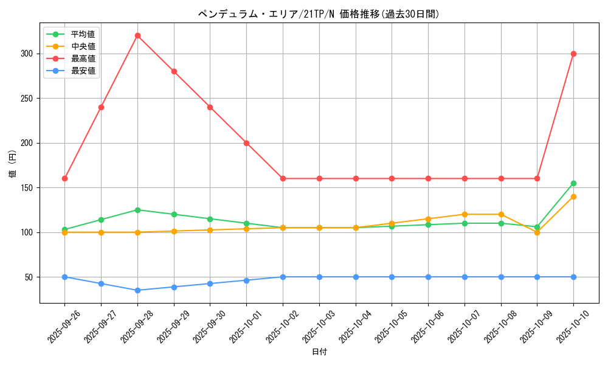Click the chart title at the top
click(319, 13)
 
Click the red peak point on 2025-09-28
click(137, 35)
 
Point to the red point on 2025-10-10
click(573, 54)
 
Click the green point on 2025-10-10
click(573, 183)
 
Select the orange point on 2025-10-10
click(573, 196)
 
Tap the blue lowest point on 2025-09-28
click(137, 290)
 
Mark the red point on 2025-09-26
click(64, 178)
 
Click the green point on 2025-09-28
click(137, 210)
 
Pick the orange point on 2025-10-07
click(465, 214)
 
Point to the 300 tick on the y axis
click(27, 54)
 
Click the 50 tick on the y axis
click(29, 277)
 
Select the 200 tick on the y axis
click(27, 143)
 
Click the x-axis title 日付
click(319, 352)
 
